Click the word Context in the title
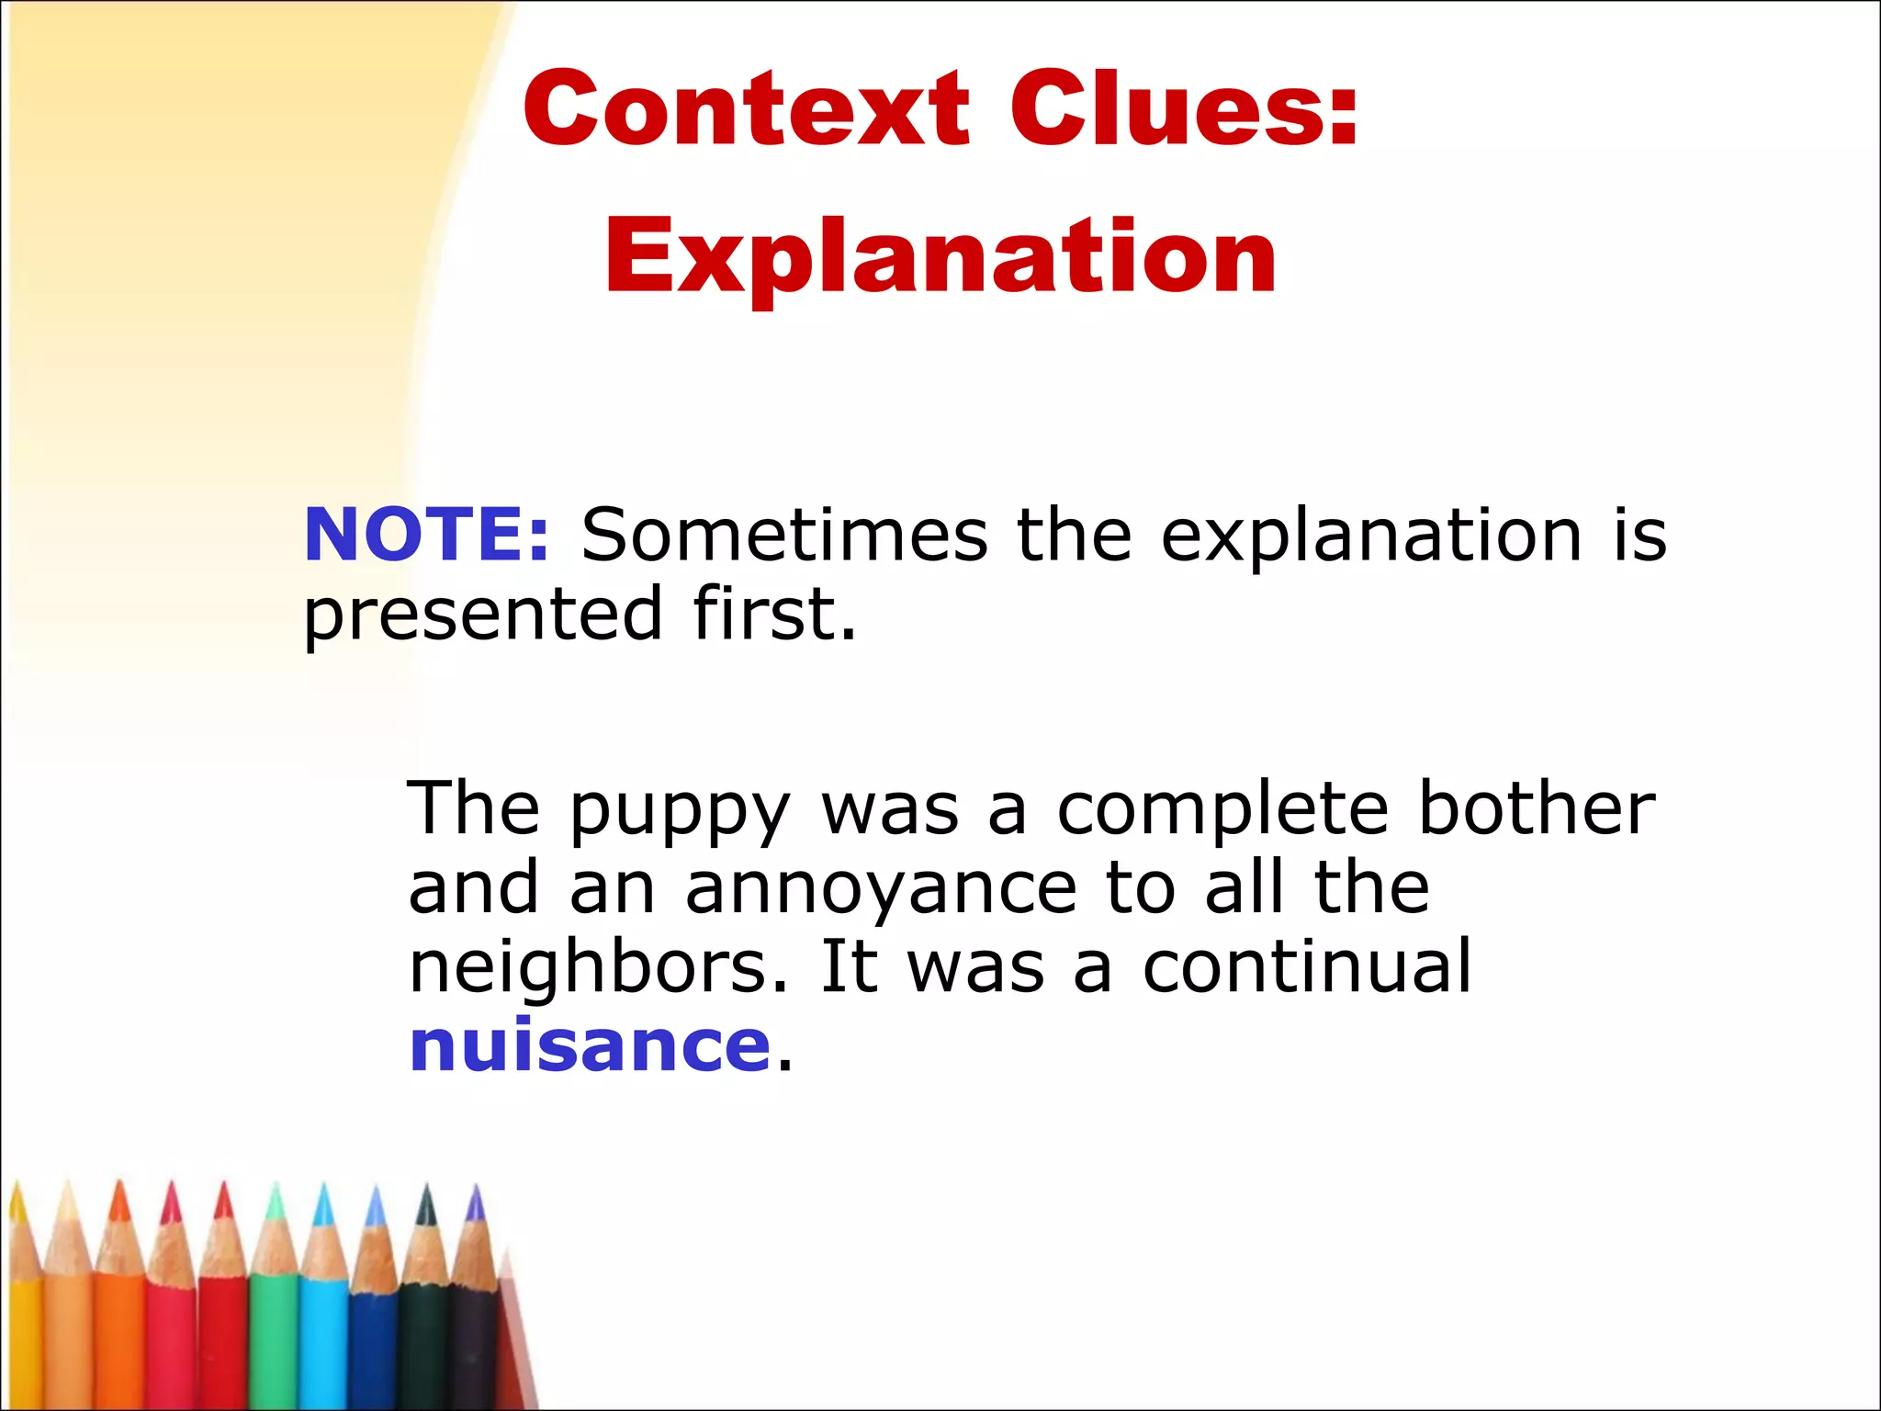point(746,108)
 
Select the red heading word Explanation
point(940,257)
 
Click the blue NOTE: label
point(426,535)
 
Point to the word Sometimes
point(784,535)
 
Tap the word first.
point(774,614)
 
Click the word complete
point(1222,810)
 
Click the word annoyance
point(881,889)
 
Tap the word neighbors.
point(598,967)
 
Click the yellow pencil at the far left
point(22,1323)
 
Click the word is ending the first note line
point(1639,535)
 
